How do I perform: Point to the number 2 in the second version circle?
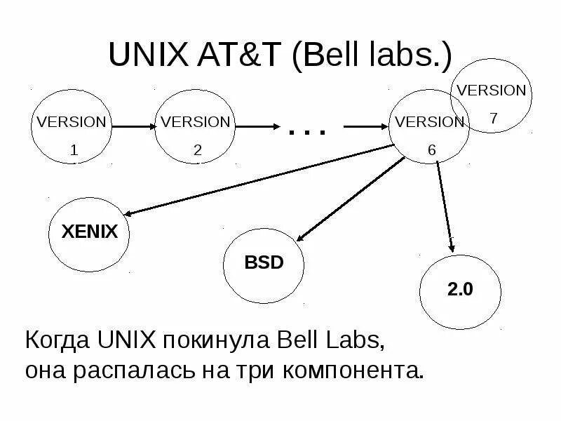[x=197, y=150]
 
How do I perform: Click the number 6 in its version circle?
[x=431, y=150]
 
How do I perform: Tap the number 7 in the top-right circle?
[x=493, y=119]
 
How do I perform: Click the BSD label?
[x=264, y=263]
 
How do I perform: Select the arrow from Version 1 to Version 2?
[x=133, y=126]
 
